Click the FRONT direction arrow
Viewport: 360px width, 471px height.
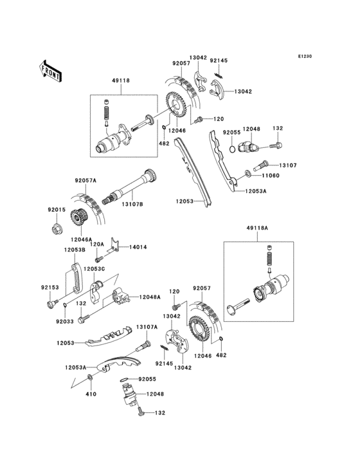click(x=50, y=69)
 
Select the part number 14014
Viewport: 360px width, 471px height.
click(x=138, y=246)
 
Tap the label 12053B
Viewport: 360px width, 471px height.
click(x=75, y=250)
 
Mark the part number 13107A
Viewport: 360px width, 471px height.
click(x=146, y=327)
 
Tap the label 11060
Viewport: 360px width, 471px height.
click(x=271, y=174)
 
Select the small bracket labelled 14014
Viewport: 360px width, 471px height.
click(x=115, y=245)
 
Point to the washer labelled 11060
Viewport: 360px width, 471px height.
click(x=248, y=174)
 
